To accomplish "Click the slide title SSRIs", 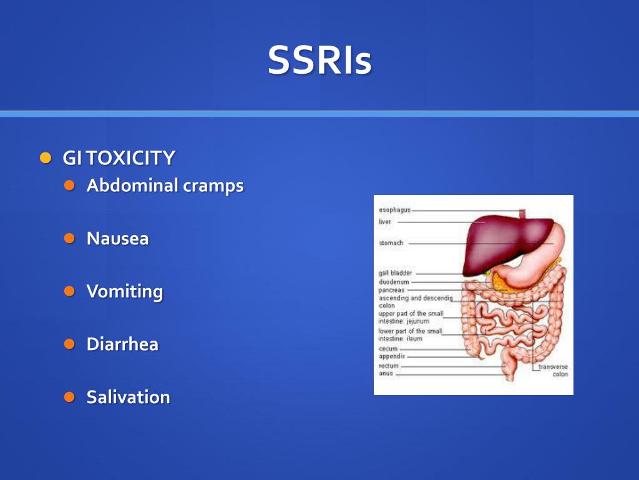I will tap(319, 61).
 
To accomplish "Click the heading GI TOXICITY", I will tap(119, 158).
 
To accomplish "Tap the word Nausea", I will tap(117, 239).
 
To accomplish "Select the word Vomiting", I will tap(124, 292).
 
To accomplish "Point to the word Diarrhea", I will tap(122, 344).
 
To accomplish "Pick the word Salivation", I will tap(128, 397).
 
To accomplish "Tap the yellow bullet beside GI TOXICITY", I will tap(44, 157).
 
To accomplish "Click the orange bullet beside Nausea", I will tap(69, 238).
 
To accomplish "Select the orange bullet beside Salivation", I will tap(69, 397).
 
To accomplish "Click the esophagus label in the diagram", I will tap(394, 211).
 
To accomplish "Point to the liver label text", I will tap(385, 221).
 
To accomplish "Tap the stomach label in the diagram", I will tap(391, 242).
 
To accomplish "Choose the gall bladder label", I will tap(395, 273).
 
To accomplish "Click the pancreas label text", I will tap(391, 290).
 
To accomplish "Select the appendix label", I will tap(392, 356).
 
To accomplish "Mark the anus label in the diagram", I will tap(386, 374).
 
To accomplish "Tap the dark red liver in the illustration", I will tap(499, 241).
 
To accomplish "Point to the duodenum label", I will tap(394, 282).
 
